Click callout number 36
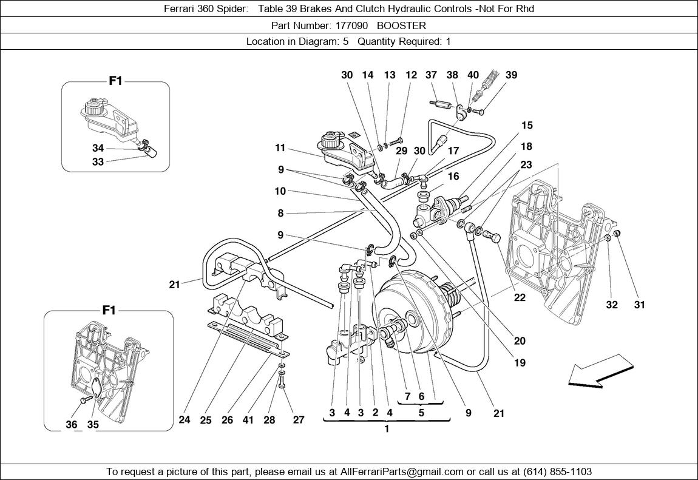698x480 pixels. click(72, 424)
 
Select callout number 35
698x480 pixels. click(93, 424)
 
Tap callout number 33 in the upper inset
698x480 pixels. click(98, 162)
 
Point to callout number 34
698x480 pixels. click(98, 148)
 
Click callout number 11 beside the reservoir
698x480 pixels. click(280, 147)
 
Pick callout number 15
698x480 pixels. click(526, 126)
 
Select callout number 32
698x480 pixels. click(612, 305)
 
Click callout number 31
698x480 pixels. click(640, 305)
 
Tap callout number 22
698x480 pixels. click(520, 297)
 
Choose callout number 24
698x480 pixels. click(185, 419)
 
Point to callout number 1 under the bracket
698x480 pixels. click(386, 429)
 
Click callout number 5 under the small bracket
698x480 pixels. click(421, 411)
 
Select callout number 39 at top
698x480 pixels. click(511, 75)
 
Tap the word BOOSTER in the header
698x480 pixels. click(401, 25)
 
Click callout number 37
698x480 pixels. click(431, 75)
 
